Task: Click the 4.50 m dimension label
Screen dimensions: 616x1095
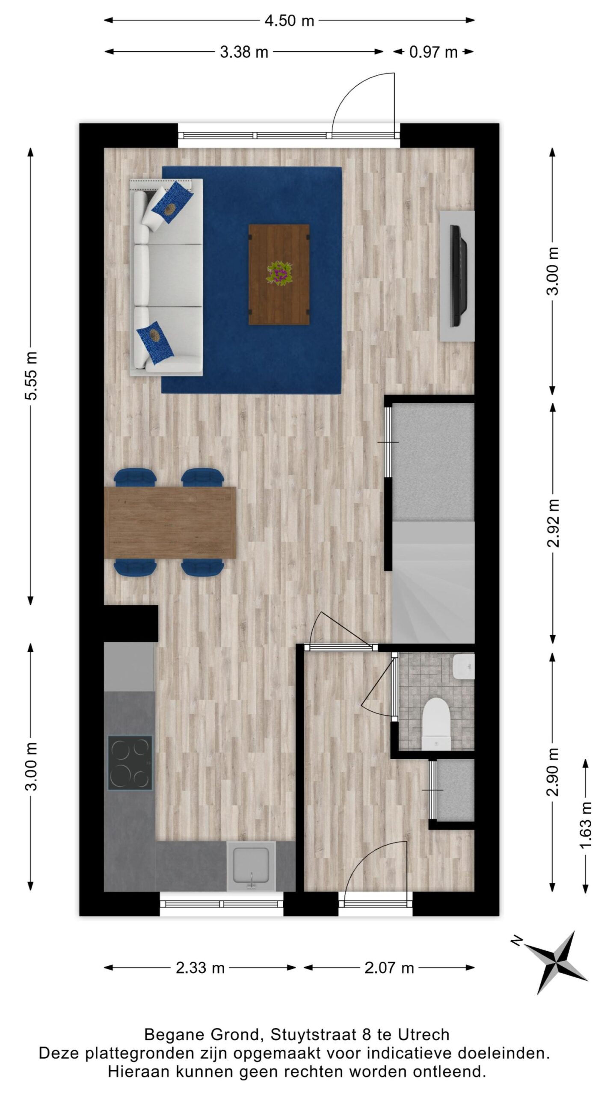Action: tap(289, 21)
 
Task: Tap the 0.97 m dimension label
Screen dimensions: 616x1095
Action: tap(433, 52)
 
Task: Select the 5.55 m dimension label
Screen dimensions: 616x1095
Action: tap(31, 376)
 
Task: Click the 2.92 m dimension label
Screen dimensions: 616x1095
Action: tap(554, 523)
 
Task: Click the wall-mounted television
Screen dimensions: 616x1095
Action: tap(459, 276)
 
